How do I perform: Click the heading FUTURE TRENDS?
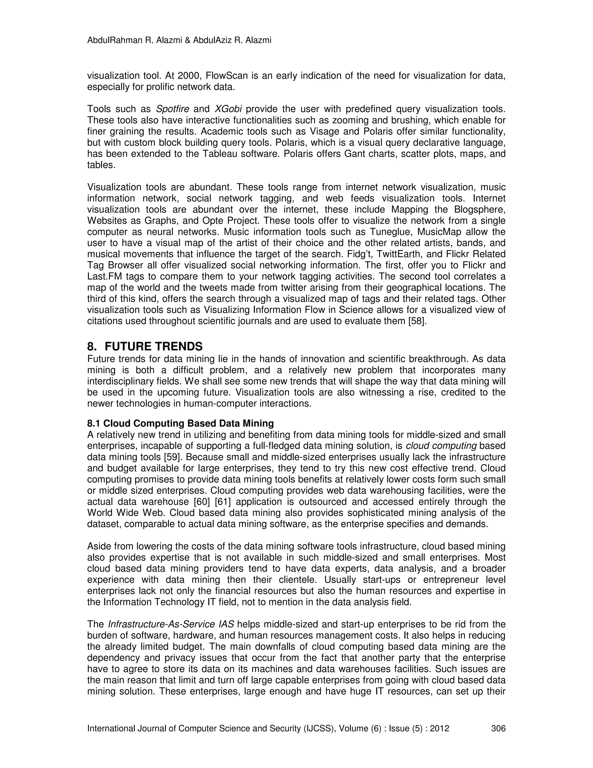point(153,347)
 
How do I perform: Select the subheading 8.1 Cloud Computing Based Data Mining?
point(180,423)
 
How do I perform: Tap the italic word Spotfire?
point(173,109)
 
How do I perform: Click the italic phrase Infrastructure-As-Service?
point(161,625)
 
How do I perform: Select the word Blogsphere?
point(479,210)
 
